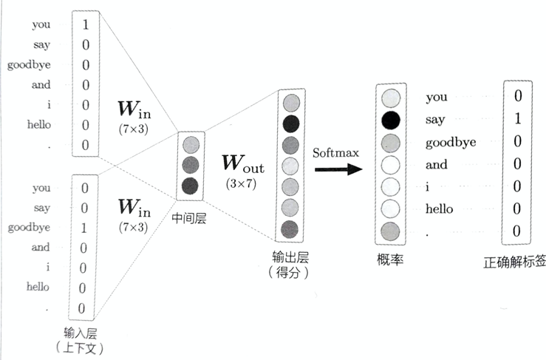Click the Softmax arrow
(x=338, y=169)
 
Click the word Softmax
(x=335, y=153)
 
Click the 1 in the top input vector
(x=86, y=24)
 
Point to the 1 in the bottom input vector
(x=86, y=228)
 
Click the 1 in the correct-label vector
(x=517, y=118)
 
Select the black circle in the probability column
(x=391, y=119)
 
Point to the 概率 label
(x=390, y=259)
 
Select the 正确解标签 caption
(x=514, y=261)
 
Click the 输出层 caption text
(x=289, y=258)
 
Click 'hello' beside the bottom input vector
(x=38, y=286)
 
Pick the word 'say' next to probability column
(x=436, y=119)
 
